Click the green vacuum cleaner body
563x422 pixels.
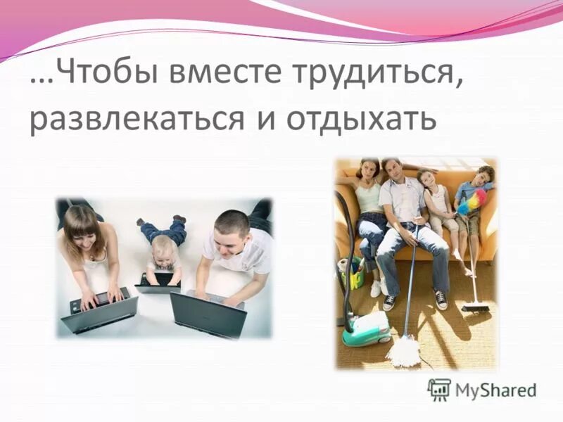[365, 327]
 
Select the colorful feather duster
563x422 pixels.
[469, 201]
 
